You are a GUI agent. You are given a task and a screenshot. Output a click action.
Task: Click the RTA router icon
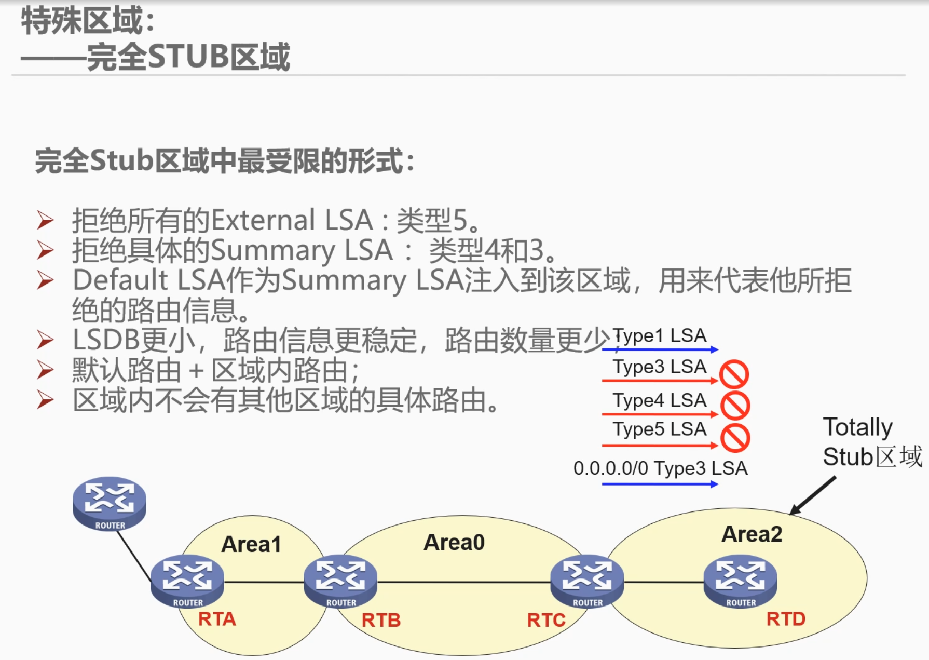(187, 580)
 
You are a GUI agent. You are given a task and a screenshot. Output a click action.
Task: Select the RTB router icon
(340, 580)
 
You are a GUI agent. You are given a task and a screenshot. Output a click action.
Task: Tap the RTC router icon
(587, 580)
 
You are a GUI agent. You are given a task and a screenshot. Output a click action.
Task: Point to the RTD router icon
(740, 580)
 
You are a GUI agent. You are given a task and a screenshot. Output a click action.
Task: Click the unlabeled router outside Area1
(110, 502)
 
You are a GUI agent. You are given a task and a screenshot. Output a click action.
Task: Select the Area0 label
(454, 542)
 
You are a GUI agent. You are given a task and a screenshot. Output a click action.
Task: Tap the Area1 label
(251, 544)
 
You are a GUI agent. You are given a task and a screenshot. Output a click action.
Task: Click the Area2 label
(752, 534)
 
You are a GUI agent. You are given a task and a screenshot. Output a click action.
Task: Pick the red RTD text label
(786, 618)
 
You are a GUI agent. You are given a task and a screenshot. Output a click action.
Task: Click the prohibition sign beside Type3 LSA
(734, 374)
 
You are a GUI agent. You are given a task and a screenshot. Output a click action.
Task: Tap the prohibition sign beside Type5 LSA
(735, 438)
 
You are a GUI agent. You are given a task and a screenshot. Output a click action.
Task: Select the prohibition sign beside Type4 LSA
(735, 405)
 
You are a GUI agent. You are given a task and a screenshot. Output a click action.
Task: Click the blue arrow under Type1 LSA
(660, 349)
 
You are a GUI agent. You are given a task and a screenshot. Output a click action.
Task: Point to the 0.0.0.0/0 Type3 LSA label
(660, 468)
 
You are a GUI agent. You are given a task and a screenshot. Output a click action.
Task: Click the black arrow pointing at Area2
(813, 495)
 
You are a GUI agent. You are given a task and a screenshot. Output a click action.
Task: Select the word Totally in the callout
(857, 427)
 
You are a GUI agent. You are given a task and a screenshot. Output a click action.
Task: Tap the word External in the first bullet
(263, 220)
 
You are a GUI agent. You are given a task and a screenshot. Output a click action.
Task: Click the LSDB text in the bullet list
(106, 340)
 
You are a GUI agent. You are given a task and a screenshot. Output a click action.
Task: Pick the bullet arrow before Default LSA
(45, 280)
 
